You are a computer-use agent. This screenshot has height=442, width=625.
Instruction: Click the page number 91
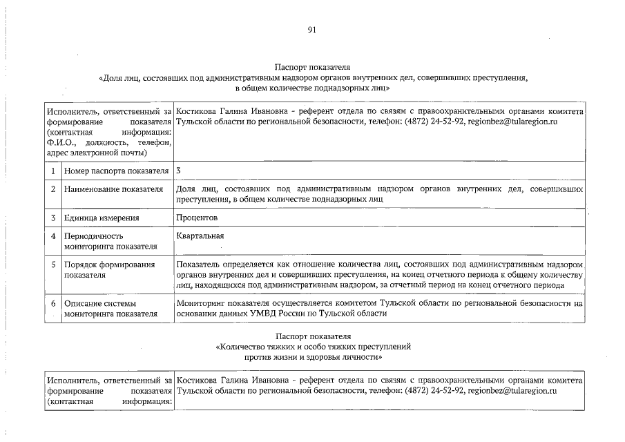tap(311, 30)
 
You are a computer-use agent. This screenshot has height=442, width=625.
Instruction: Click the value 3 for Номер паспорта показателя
tap(178, 170)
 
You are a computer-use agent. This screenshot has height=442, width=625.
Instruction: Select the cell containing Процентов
tap(197, 218)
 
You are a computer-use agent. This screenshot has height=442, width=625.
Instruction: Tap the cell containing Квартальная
tap(200, 236)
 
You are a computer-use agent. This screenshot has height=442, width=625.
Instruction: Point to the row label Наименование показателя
tap(113, 189)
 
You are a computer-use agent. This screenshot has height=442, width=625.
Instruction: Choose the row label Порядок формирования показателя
tap(109, 269)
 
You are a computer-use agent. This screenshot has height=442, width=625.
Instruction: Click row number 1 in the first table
tap(52, 171)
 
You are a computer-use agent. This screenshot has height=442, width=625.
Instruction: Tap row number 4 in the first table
tap(52, 236)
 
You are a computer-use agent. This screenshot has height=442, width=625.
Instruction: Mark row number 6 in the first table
tap(52, 303)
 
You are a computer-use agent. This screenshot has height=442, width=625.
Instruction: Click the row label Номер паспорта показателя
tap(116, 171)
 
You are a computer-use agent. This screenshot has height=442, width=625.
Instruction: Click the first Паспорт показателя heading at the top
tap(312, 67)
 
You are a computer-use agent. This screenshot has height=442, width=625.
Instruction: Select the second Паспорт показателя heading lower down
tap(312, 336)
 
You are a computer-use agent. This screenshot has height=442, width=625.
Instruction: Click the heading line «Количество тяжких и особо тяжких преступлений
tap(312, 347)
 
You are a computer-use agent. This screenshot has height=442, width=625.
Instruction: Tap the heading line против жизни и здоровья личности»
tap(312, 358)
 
